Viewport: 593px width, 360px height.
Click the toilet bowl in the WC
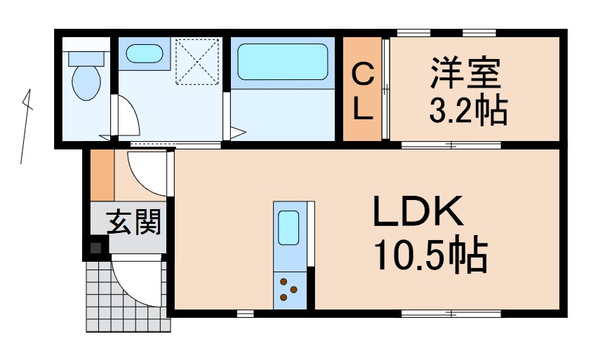pyautogui.click(x=86, y=82)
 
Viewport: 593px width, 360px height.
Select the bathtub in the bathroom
pyautogui.click(x=282, y=62)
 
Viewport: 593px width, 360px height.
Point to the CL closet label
pyautogui.click(x=361, y=90)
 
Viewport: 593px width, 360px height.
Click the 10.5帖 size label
pyautogui.click(x=430, y=257)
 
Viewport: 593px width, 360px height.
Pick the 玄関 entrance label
pyautogui.click(x=133, y=222)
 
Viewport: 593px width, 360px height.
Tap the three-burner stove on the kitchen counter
pyautogui.click(x=288, y=289)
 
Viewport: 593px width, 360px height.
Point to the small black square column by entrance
pyautogui.click(x=95, y=248)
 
